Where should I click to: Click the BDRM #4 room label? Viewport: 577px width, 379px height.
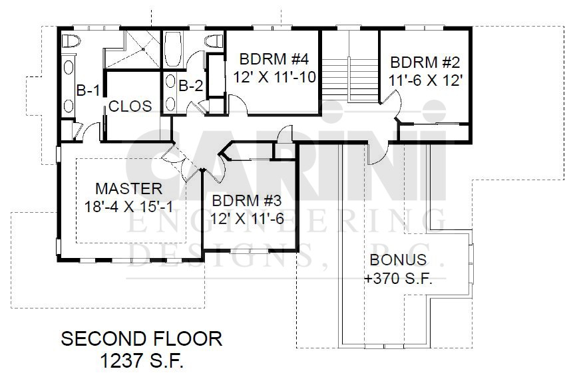pyautogui.click(x=274, y=59)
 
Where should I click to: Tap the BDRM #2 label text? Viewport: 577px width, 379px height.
pyautogui.click(x=425, y=63)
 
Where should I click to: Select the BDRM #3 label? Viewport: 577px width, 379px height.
pyautogui.click(x=246, y=201)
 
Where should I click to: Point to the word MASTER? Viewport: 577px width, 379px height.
pyautogui.click(x=129, y=189)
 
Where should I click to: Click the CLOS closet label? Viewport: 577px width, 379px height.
pyautogui.click(x=130, y=106)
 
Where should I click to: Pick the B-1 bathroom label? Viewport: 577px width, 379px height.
pyautogui.click(x=88, y=90)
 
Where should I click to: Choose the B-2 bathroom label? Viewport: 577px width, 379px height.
pyautogui.click(x=190, y=86)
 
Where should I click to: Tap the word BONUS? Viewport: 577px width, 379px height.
pyautogui.click(x=398, y=260)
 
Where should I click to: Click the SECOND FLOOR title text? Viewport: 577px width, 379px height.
pyautogui.click(x=142, y=338)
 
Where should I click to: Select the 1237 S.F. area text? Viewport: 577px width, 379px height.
pyautogui.click(x=142, y=361)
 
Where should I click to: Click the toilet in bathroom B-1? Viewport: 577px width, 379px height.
pyautogui.click(x=71, y=41)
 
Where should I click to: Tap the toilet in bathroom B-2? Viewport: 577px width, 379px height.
pyautogui.click(x=214, y=41)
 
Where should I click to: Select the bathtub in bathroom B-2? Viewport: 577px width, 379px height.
pyautogui.click(x=172, y=49)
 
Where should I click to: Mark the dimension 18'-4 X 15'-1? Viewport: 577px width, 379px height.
pyautogui.click(x=129, y=207)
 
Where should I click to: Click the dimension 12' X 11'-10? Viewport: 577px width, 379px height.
pyautogui.click(x=275, y=77)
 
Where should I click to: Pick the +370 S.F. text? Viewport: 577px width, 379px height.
pyautogui.click(x=398, y=279)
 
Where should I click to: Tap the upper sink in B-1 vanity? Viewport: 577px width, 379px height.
pyautogui.click(x=69, y=67)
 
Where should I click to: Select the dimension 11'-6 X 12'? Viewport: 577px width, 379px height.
pyautogui.click(x=425, y=80)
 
